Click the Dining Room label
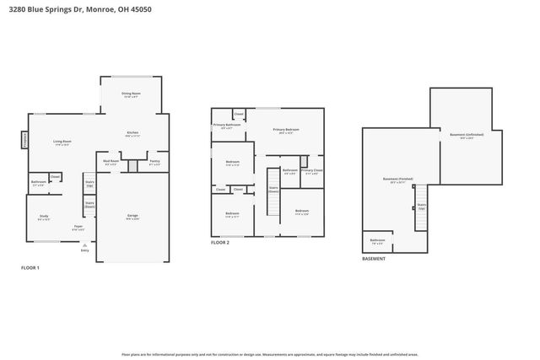[132, 94]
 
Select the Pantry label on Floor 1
[154, 161]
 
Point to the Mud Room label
[111, 161]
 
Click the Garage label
[132, 216]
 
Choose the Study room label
[44, 217]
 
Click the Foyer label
[77, 227]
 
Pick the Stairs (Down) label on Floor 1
[89, 204]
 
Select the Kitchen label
[132, 132]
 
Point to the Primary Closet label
[311, 170]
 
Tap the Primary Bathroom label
[227, 125]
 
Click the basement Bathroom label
[377, 241]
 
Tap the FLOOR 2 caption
[220, 243]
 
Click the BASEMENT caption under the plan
[373, 259]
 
